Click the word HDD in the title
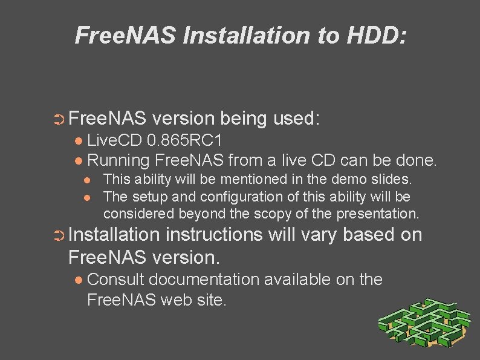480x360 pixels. coord(374,35)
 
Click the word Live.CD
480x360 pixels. coord(114,142)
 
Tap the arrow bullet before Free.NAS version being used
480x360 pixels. coord(59,118)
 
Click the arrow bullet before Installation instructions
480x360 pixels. coord(59,236)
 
